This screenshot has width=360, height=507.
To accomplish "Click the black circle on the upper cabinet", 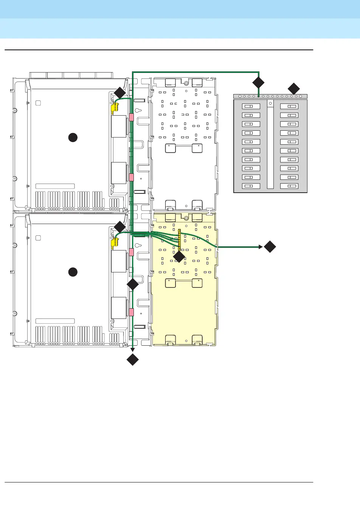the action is coord(73,138).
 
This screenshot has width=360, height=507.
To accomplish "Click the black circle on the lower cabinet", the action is coord(73,272).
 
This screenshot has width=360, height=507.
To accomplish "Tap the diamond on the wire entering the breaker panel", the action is coord(258,83).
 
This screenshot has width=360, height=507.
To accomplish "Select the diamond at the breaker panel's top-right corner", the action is coord(294,89).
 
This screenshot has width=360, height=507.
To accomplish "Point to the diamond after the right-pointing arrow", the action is coord(270,247).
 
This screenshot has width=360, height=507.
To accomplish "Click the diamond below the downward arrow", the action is coord(133,360).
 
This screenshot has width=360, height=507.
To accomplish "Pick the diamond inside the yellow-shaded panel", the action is coord(179,257).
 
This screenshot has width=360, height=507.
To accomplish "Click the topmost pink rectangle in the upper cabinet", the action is coord(132,117).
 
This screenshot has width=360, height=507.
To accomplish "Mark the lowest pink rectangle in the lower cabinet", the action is coord(132,312).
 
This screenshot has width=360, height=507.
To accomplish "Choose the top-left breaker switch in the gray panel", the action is coord(251,107).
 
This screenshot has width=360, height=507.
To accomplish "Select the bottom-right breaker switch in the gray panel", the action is coord(289,186).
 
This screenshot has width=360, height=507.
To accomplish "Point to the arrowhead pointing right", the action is coord(261,247).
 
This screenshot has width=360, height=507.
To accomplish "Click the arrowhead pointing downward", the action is coord(133,348).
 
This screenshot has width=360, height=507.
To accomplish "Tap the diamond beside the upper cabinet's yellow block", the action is coord(120,93).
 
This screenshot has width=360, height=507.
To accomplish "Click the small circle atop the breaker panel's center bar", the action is coord(270,103).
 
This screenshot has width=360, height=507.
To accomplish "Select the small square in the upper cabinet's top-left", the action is coord(38,103).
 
